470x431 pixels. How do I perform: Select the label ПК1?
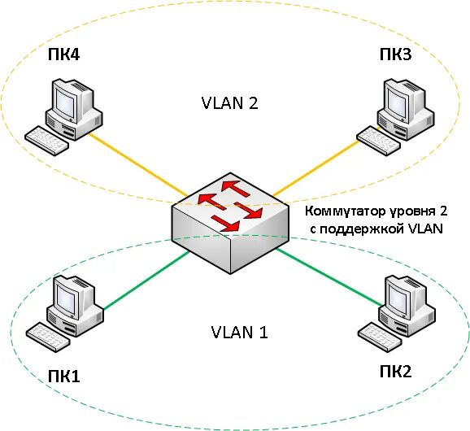click(63, 376)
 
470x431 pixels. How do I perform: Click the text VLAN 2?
click(229, 103)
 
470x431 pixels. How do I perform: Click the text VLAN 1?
click(239, 332)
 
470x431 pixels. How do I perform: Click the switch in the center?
click(231, 224)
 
